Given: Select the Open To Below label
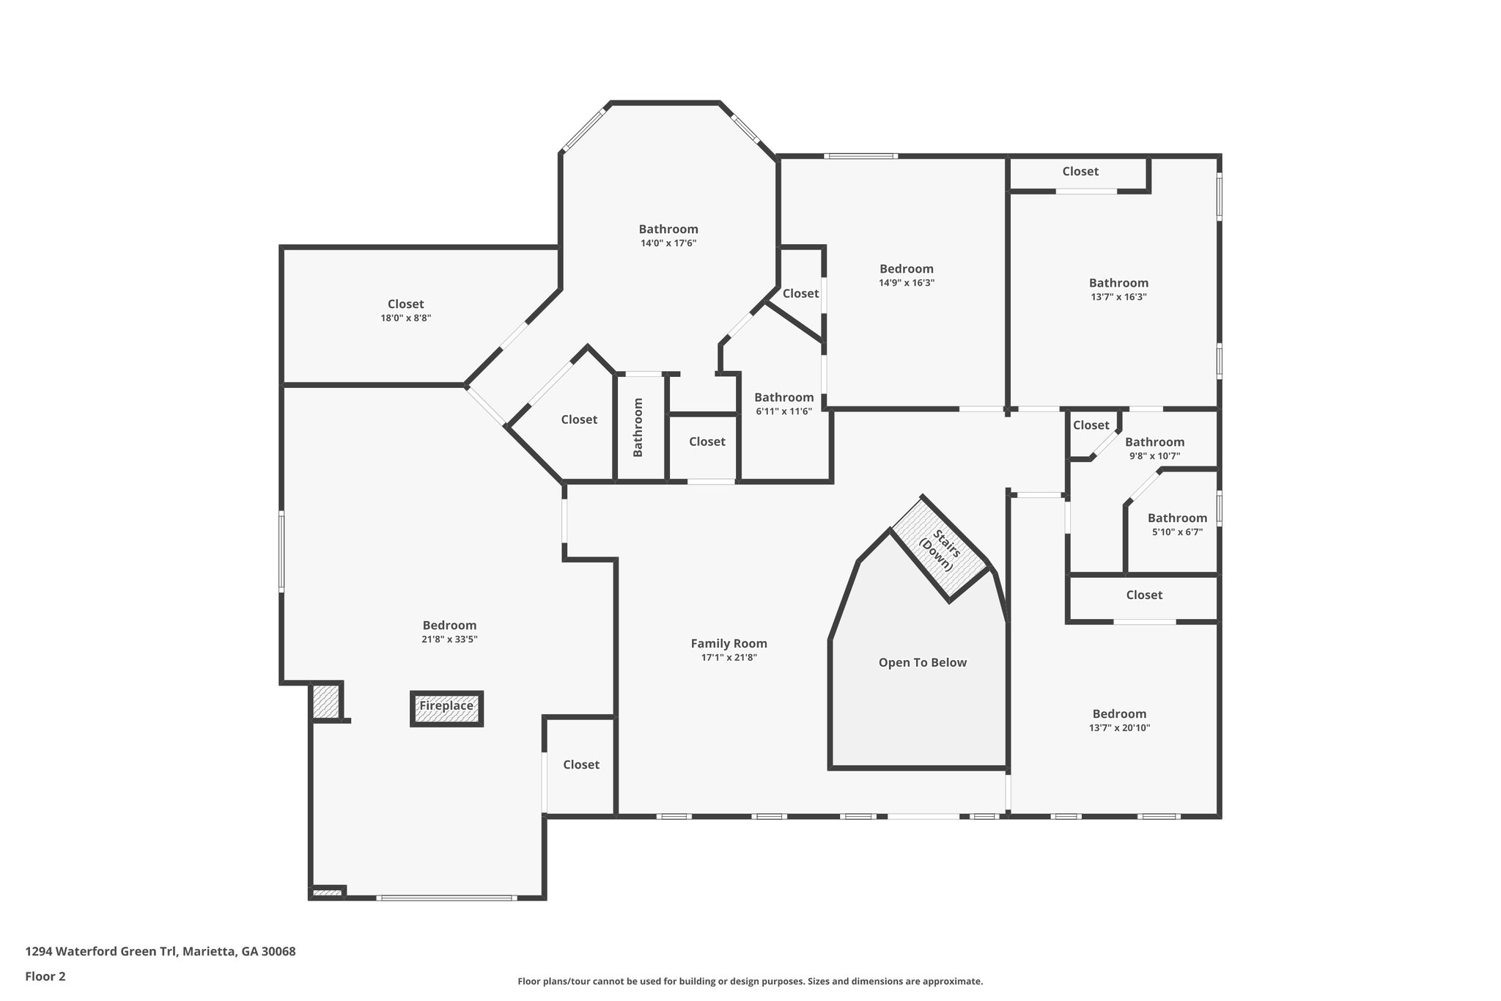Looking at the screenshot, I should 922,663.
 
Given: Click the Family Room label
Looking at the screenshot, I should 729,644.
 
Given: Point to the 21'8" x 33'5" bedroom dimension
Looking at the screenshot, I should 449,639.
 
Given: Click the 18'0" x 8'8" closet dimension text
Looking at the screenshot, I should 405,318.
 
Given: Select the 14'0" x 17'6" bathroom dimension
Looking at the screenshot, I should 668,243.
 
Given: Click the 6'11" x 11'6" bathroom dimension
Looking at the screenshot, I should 783,411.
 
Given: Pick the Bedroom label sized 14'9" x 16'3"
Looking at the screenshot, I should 906,269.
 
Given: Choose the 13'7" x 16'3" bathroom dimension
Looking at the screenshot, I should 1118,297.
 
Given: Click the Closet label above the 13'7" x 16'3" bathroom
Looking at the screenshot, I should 1080,172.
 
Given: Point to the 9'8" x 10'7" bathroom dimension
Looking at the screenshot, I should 1154,456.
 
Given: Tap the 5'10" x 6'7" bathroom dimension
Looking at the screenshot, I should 1177,532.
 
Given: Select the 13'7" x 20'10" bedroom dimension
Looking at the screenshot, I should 1119,728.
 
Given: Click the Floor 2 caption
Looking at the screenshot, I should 45,976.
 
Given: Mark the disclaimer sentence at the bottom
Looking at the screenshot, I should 750,981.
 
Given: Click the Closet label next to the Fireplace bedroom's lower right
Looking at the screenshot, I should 580,765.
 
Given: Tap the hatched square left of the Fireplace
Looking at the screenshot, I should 326,702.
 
